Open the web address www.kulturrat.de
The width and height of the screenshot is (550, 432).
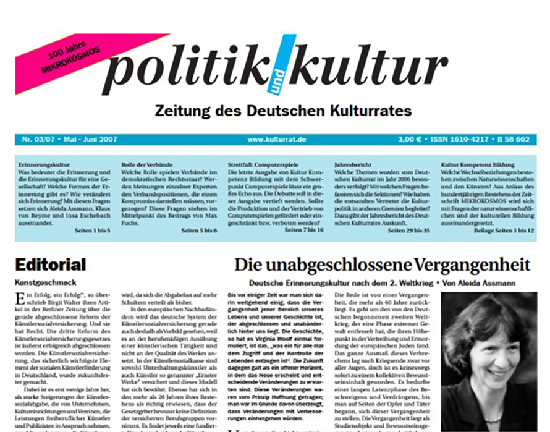(x=276, y=140)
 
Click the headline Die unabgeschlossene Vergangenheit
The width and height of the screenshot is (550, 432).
(x=382, y=265)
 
